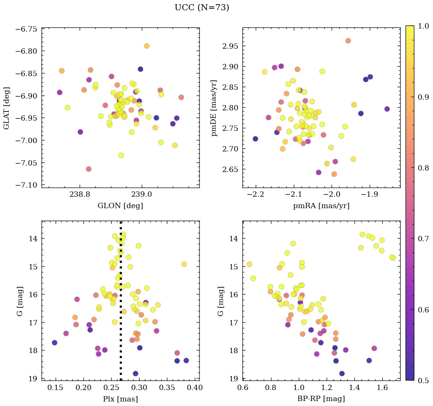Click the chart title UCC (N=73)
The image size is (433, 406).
202,8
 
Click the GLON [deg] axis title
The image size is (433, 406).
120,206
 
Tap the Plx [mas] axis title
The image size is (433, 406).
120,399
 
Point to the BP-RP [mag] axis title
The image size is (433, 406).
321,399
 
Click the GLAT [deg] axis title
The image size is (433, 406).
6,108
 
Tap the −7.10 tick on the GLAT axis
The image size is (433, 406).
26,185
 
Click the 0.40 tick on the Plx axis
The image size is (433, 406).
195,388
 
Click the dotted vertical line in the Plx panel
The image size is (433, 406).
121,304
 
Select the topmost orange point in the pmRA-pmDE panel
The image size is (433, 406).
348,41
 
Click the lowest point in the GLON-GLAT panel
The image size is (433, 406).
88,169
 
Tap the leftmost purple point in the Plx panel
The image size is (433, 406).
55,342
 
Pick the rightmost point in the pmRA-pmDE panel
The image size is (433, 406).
387,109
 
